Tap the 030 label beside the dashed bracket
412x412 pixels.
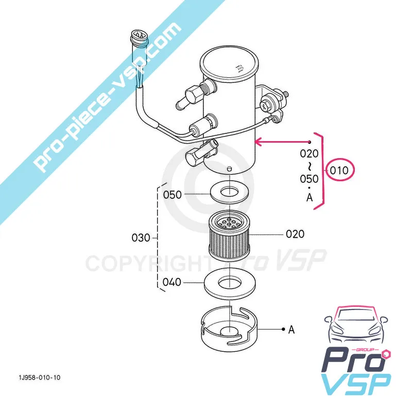141,238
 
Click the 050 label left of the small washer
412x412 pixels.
173,195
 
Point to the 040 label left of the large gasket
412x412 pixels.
172,282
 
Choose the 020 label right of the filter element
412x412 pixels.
295,234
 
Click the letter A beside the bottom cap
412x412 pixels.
291,330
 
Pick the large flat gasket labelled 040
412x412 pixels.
228,283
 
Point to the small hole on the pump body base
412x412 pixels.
230,168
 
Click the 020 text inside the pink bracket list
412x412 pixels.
309,153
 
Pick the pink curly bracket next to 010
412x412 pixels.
322,169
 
